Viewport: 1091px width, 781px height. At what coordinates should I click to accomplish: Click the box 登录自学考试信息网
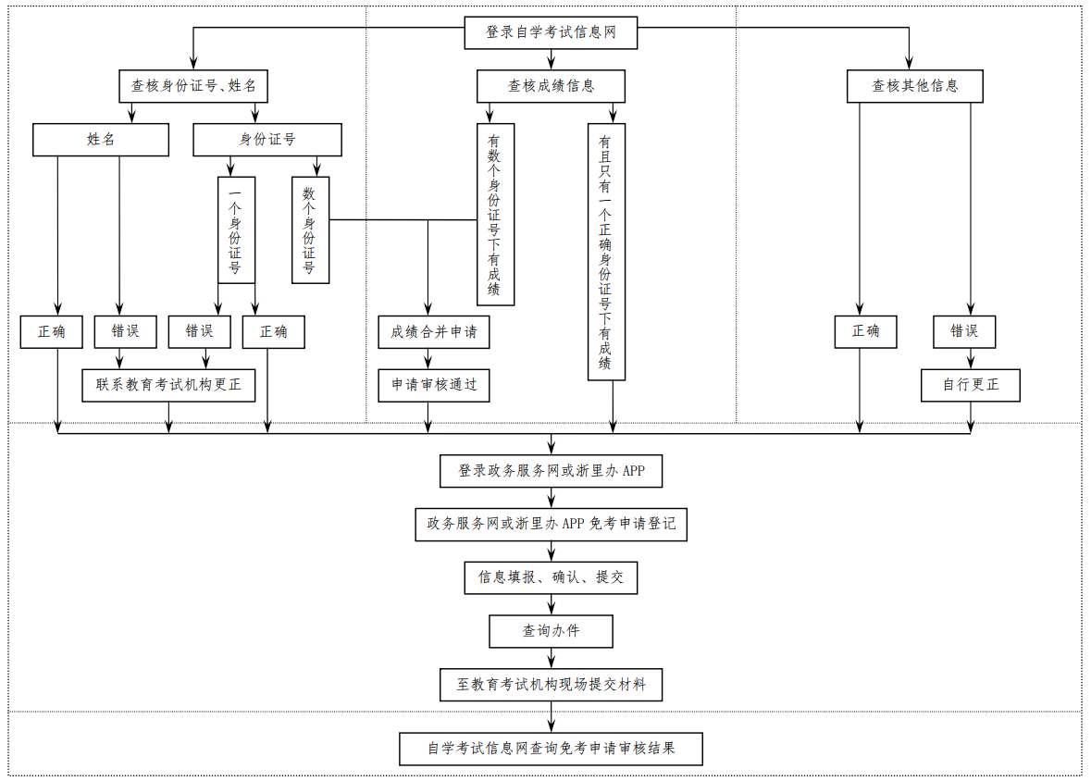click(551, 32)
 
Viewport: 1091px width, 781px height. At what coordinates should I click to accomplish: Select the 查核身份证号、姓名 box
click(193, 86)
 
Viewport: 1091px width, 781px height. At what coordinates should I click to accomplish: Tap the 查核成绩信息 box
click(551, 86)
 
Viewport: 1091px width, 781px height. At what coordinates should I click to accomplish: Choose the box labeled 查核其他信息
click(914, 86)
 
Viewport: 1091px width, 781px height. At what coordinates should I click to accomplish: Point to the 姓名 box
click(101, 140)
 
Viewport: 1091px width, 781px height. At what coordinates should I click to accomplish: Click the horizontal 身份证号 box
click(267, 140)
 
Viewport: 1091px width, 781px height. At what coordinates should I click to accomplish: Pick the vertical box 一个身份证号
click(236, 229)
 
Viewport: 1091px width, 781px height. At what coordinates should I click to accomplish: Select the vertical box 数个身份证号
click(310, 229)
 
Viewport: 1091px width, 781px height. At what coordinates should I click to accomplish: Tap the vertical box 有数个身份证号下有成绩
click(495, 215)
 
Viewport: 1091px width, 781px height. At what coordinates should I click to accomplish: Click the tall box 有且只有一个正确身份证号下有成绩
click(606, 252)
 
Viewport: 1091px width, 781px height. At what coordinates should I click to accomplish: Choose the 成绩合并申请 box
click(434, 332)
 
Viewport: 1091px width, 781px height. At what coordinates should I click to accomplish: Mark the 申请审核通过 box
click(434, 385)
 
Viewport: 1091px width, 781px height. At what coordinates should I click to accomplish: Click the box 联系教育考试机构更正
click(168, 385)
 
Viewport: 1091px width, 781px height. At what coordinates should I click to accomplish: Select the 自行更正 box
click(970, 385)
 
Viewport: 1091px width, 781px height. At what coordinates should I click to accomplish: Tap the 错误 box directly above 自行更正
click(964, 332)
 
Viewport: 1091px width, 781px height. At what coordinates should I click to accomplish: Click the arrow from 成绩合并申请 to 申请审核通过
click(428, 359)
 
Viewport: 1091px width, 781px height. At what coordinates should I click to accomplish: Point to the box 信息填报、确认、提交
click(551, 577)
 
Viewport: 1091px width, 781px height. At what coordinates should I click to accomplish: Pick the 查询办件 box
click(551, 631)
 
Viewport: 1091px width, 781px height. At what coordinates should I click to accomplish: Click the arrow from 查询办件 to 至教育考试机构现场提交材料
click(552, 658)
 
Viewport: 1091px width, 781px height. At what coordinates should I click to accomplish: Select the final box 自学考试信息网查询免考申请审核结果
click(551, 749)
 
